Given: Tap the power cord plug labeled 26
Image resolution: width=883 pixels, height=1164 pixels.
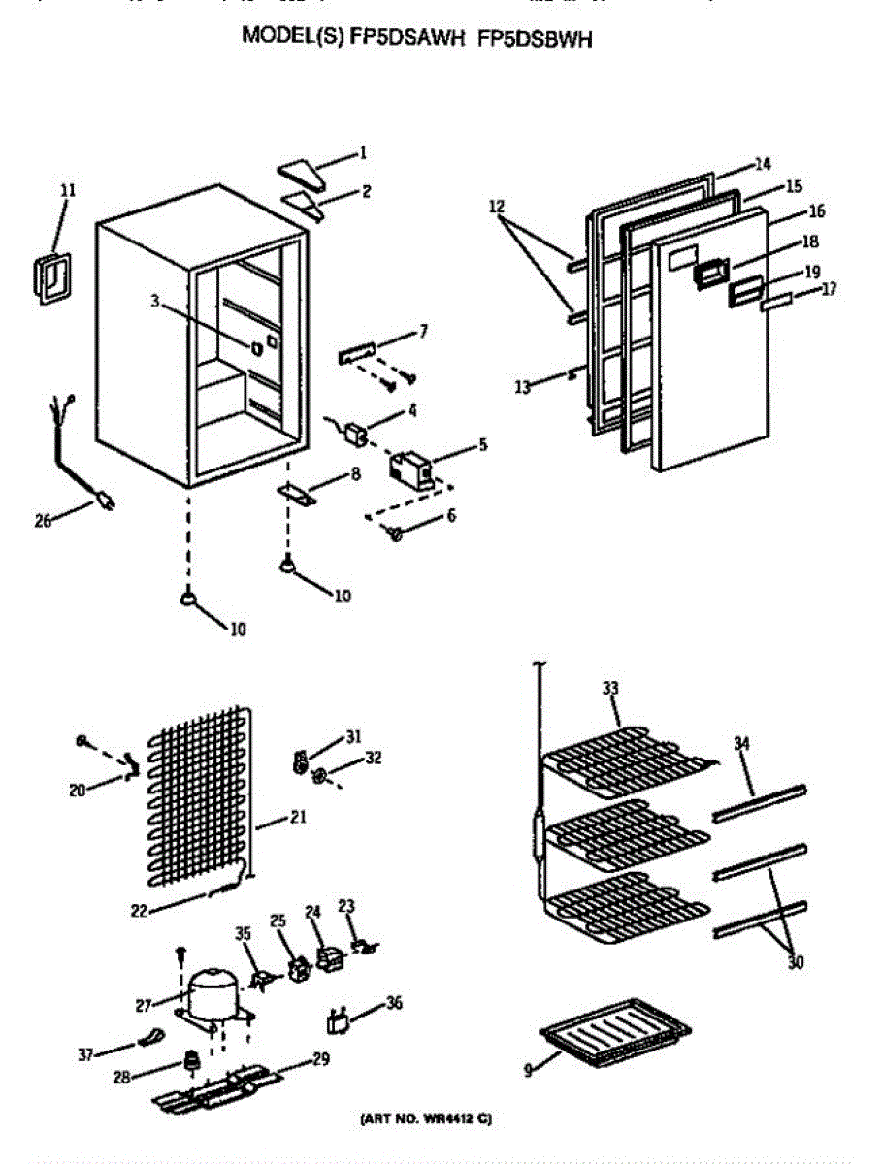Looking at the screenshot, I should pos(103,501).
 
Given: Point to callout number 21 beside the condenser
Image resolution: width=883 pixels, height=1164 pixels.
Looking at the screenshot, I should pos(297,818).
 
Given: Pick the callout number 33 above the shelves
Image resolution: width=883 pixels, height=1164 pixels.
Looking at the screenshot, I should pos(609,688).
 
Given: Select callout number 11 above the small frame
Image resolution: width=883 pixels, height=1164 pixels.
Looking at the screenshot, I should pos(67,191).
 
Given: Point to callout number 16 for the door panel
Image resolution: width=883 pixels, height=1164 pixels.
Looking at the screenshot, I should pos(817,210).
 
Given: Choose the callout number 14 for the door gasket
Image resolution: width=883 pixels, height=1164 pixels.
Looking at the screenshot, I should pos(763,164).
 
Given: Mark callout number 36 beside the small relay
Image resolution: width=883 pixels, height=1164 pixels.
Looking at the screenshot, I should pos(393,1003).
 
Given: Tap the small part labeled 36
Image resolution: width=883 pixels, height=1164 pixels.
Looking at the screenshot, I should pos(338,1022).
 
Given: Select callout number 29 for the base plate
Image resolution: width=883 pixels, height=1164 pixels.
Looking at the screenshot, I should pos(320,1060).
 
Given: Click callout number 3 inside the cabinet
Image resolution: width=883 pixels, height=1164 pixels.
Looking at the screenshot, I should pos(154,303).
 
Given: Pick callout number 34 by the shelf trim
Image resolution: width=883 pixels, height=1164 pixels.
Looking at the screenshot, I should pos(741,744).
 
